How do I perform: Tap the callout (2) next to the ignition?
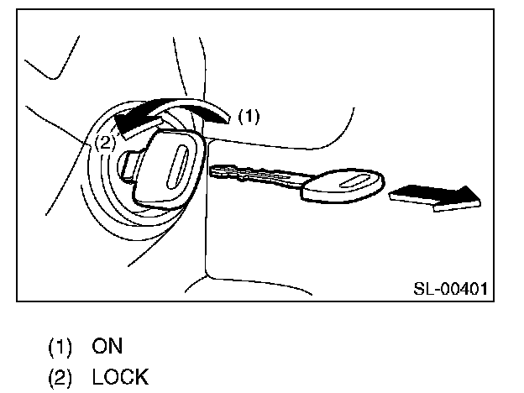tap(104, 143)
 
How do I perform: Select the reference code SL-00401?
tap(452, 289)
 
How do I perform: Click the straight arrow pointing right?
tap(435, 196)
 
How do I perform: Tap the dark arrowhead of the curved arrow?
tap(130, 123)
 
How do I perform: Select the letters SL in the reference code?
tap(422, 289)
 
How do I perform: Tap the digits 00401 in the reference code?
tap(464, 289)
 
